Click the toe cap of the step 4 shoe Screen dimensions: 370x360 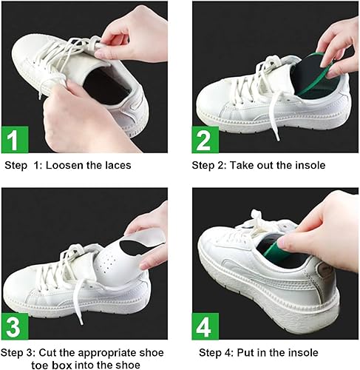[x=222, y=255]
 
